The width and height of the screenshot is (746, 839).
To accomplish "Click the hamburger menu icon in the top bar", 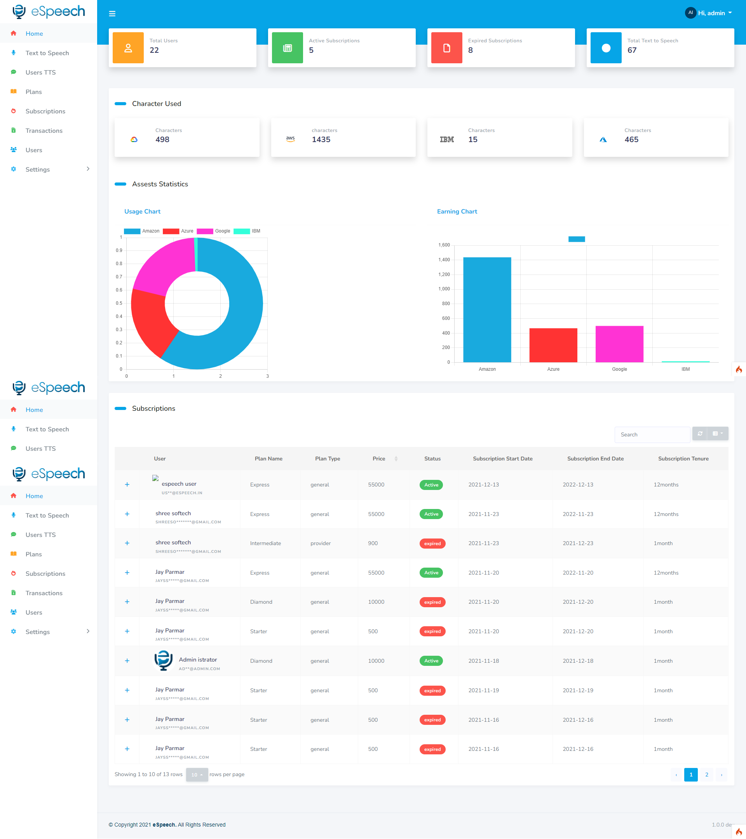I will pos(112,14).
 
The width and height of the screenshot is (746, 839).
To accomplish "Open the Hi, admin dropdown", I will pos(709,13).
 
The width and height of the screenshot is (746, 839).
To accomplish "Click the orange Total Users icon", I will pos(128,48).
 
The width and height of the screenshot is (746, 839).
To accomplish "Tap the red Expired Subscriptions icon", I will pos(446,48).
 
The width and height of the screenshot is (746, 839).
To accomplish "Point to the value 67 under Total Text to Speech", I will pos(632,50).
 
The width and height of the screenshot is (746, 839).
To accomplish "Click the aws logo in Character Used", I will pos(290,139).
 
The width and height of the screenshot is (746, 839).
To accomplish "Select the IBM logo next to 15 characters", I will pos(447,139).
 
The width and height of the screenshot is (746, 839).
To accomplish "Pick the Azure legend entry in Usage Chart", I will pos(178,231).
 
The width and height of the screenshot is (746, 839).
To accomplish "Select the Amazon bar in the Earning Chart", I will pos(487,310).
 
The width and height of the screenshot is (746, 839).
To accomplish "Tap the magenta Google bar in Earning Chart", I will pos(619,344).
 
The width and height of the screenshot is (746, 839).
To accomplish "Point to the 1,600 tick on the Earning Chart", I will pos(444,245).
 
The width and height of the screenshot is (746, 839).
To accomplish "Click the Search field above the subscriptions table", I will pos(652,434).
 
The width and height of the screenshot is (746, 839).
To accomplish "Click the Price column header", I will pos(379,459).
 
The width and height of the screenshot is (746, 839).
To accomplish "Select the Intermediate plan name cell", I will pos(265,543).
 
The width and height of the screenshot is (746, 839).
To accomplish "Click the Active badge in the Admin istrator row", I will pos(431,661).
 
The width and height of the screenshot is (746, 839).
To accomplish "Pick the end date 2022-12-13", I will pos(578,485).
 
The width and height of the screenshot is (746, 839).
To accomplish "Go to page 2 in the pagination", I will pos(707,775).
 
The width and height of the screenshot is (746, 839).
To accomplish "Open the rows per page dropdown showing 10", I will pos(197,775).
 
